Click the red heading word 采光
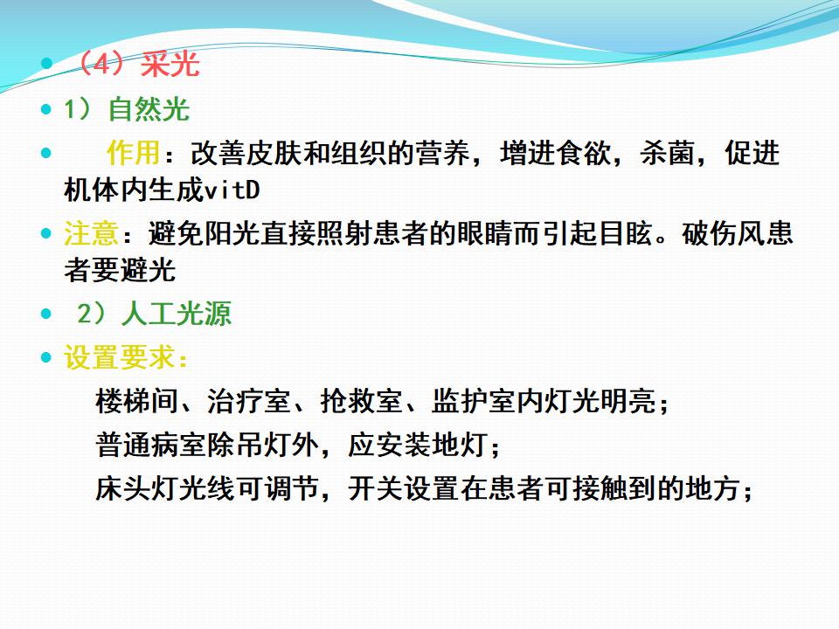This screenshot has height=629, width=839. pyautogui.click(x=170, y=65)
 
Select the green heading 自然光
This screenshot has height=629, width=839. pyautogui.click(x=149, y=110)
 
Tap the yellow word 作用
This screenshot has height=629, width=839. pyautogui.click(x=133, y=153)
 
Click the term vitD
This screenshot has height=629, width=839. pyautogui.click(x=232, y=190)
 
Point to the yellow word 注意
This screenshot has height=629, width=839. pyautogui.click(x=91, y=234)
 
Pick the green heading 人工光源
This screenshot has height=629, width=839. pyautogui.click(x=176, y=314)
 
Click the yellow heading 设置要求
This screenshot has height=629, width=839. pyautogui.click(x=119, y=357)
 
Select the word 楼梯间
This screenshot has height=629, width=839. pyautogui.click(x=136, y=401)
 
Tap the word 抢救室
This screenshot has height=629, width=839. pyautogui.click(x=361, y=401)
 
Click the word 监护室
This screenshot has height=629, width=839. pyautogui.click(x=473, y=401)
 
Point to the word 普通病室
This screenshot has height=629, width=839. pyautogui.click(x=150, y=445)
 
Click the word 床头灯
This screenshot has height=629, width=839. pyautogui.click(x=136, y=488)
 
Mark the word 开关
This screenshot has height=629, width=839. pyautogui.click(x=375, y=488)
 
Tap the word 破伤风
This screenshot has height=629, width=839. pyautogui.click(x=724, y=234)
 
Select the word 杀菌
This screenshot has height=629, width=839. pyautogui.click(x=667, y=153)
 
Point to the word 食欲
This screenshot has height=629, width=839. pyautogui.click(x=583, y=153)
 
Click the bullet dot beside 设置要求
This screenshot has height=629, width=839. pyautogui.click(x=46, y=357)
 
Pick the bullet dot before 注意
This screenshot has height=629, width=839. pyautogui.click(x=46, y=234)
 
